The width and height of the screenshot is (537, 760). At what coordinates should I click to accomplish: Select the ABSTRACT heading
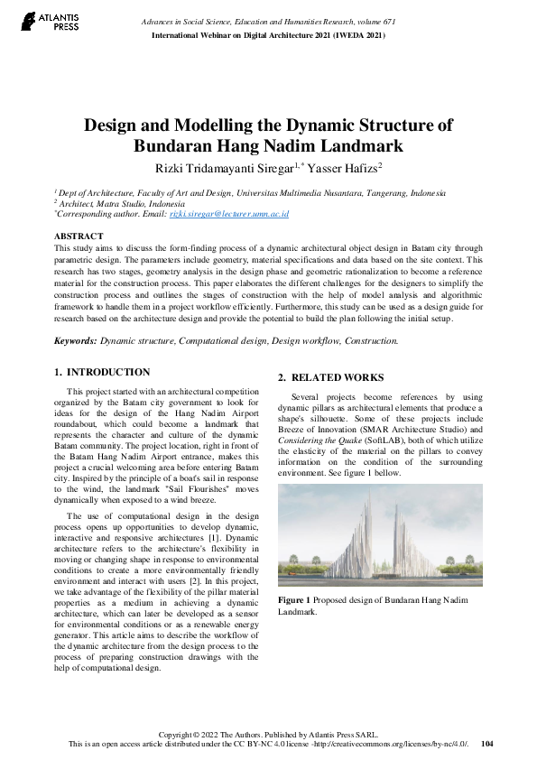pos(79,236)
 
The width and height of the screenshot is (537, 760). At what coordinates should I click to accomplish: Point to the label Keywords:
pos(76,341)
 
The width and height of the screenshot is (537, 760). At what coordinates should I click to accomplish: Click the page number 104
pos(487,744)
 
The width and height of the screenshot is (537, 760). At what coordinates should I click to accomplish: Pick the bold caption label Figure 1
pos(294,600)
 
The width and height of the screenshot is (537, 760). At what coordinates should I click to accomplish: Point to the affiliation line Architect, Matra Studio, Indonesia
pos(122,204)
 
